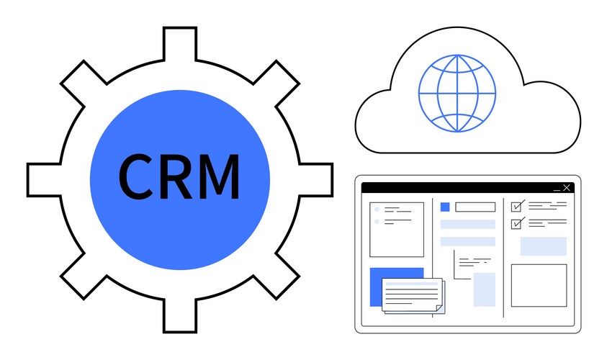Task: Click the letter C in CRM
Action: point(135,176)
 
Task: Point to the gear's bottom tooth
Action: point(180,316)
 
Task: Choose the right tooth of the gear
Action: point(316,180)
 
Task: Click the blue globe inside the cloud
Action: point(457,94)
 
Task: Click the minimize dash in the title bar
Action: point(557,190)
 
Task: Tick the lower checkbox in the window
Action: point(516,224)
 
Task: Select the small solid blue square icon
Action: point(445,207)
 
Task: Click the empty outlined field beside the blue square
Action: point(475,207)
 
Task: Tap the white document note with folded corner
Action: point(413,294)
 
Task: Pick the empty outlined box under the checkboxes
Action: point(539,286)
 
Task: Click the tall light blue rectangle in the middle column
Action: point(485,289)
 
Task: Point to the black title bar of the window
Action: point(467,188)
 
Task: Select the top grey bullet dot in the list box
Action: point(377,210)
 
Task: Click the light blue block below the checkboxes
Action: point(544,246)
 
